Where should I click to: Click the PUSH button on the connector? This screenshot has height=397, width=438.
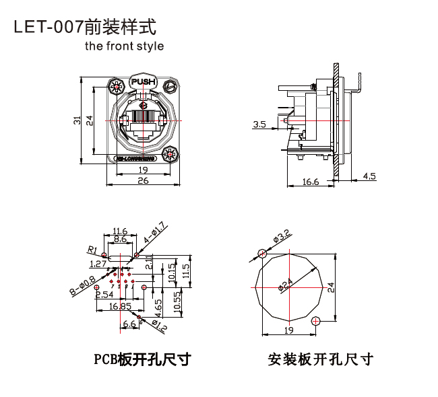142,81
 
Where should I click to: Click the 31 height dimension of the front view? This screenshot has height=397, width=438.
77,120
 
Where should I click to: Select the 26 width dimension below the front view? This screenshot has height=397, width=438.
142,180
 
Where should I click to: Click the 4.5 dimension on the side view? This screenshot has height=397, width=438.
369,176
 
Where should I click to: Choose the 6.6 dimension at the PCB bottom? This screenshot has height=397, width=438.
129,324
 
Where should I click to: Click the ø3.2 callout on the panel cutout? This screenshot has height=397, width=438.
281,237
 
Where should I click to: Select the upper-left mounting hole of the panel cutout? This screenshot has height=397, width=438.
262,254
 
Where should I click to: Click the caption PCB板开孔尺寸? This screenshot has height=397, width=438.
142,359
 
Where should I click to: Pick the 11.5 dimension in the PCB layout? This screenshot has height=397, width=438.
187,270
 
